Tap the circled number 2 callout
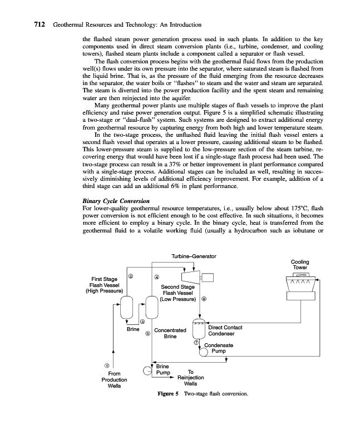(x=131, y=277)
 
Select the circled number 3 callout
(x=142, y=322)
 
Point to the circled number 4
(x=157, y=277)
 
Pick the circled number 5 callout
(x=147, y=334)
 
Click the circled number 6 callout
(x=204, y=299)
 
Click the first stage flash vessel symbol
(x=127, y=306)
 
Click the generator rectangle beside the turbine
(x=214, y=278)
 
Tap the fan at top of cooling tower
(x=301, y=275)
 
